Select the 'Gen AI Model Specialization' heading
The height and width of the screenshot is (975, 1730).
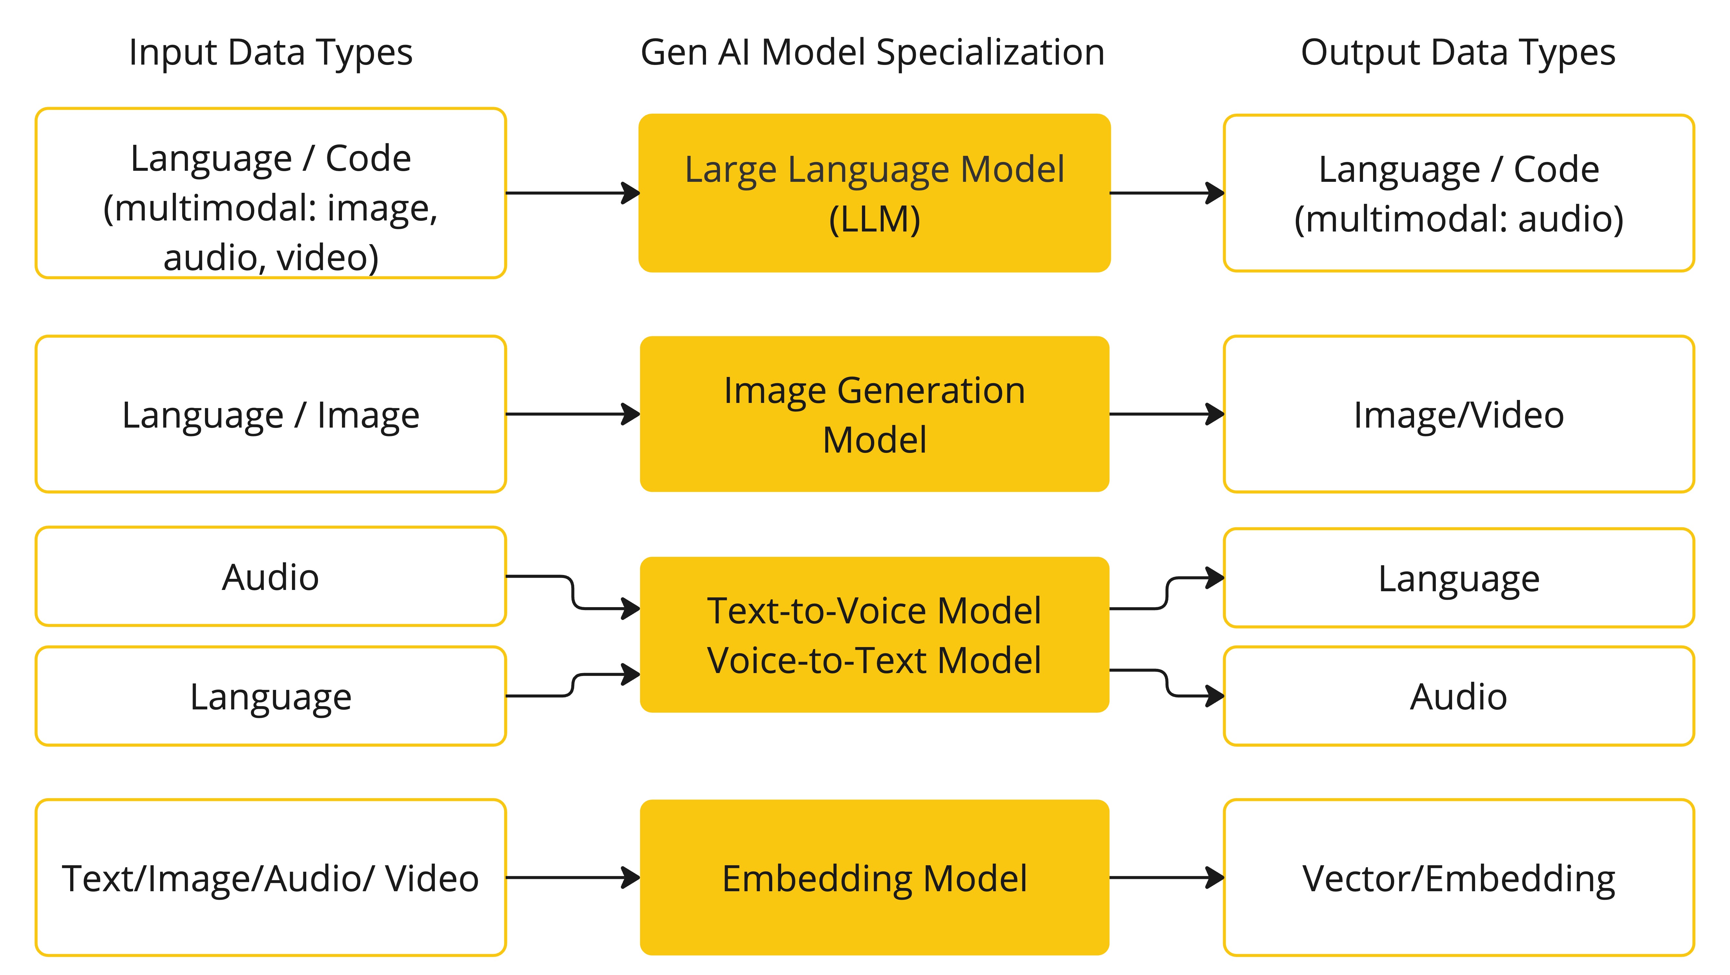point(872,52)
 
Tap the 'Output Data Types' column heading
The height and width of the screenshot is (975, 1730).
point(1458,52)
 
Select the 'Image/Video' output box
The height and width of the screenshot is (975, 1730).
point(1458,414)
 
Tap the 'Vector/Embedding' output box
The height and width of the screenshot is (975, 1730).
point(1458,878)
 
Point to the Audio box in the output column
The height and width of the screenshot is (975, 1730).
point(1458,696)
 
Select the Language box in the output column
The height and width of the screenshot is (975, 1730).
point(1458,578)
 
